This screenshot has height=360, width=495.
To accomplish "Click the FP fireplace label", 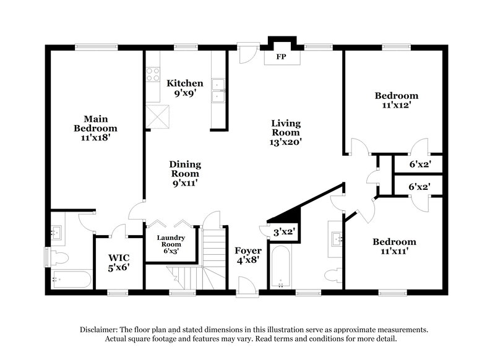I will click(280, 57).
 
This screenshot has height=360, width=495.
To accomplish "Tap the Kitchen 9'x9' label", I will click(184, 88).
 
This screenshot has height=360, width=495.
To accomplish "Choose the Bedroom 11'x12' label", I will click(397, 100).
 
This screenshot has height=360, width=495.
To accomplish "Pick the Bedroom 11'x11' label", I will click(395, 246).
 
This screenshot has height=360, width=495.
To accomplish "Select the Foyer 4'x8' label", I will click(247, 255).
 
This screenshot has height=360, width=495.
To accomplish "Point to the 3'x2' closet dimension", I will click(285, 233).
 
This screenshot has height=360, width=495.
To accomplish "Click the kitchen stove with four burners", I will click(152, 75).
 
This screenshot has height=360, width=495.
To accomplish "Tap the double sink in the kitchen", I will click(217, 91).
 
